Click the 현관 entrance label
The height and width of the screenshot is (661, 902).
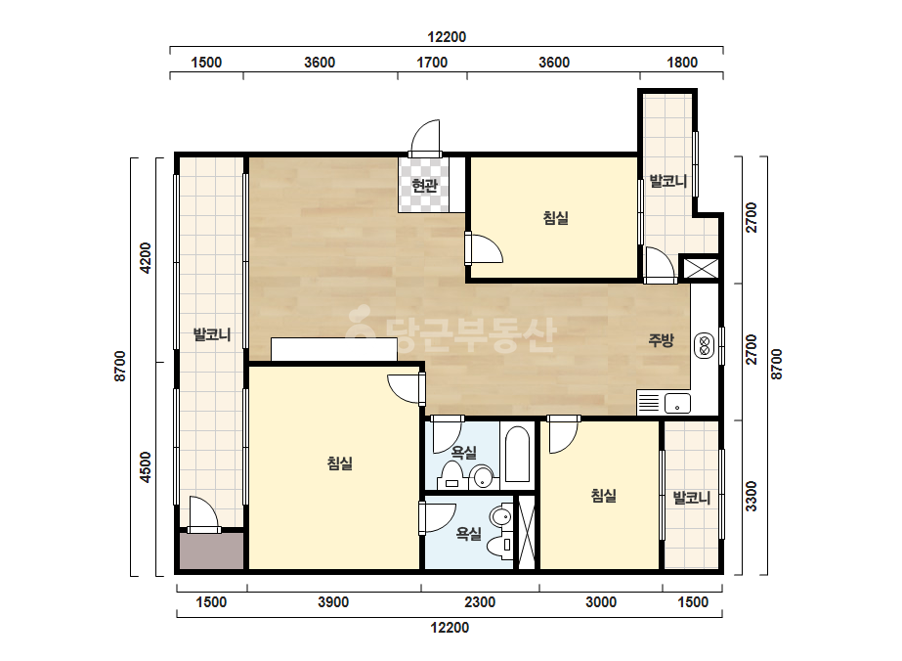point(424,186)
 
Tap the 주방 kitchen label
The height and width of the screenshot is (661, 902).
point(661,340)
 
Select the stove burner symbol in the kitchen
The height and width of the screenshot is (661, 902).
point(705,345)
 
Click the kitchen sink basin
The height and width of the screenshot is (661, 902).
point(677,403)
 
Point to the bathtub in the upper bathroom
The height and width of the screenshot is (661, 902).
point(518,454)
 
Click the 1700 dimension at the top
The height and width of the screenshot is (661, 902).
point(431,63)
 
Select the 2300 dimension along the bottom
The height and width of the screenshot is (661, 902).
point(480,602)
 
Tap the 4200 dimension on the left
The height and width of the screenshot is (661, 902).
point(147,258)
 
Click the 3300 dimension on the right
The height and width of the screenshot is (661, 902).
point(752,497)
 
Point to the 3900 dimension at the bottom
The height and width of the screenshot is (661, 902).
point(333,602)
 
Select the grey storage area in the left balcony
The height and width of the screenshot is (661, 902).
point(212,551)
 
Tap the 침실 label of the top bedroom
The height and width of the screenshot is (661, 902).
point(556,218)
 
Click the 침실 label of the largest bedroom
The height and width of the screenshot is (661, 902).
point(340,463)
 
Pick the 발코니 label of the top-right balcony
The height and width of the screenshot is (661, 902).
point(668,181)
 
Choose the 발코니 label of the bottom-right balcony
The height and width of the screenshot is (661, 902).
point(692,498)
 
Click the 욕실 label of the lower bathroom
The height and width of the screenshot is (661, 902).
point(469,534)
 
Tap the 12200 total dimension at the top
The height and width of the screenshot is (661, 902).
point(447,37)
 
